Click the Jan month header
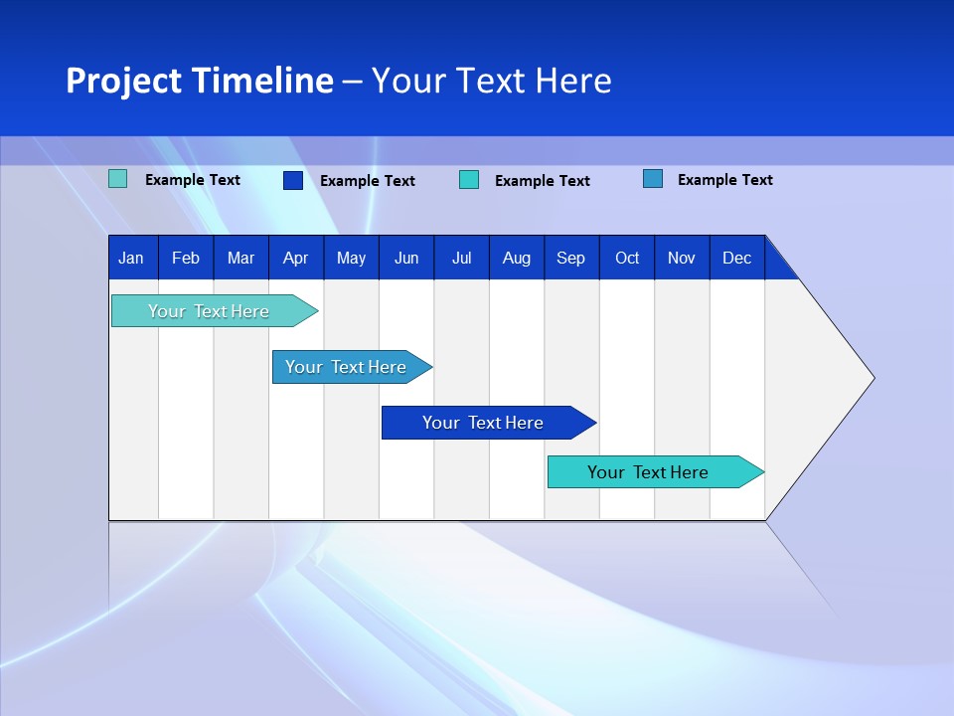131,258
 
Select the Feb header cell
186,258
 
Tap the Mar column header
240,258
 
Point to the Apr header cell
295,258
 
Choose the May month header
351,258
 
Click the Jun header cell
406,258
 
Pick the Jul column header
462,258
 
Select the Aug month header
517,258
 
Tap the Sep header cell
571,258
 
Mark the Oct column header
627,258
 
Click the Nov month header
682,258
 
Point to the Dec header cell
737,258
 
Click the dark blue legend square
293,180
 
